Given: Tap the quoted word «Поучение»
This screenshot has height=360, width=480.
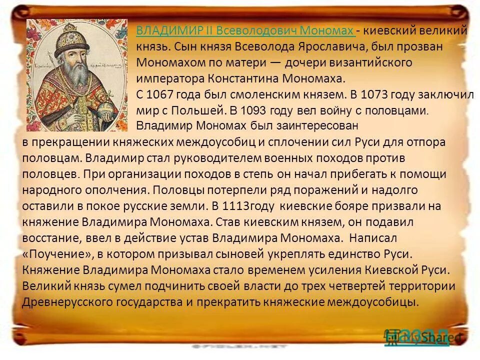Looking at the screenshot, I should tap(55, 253).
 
